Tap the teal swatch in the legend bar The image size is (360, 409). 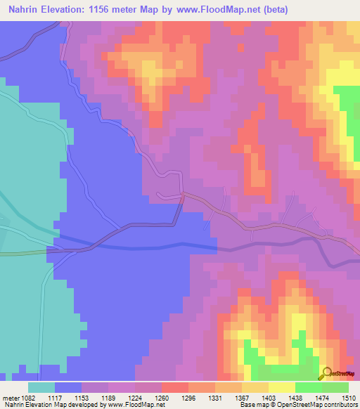41,387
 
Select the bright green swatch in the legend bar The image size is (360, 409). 308,387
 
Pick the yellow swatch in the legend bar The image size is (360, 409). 281,387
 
